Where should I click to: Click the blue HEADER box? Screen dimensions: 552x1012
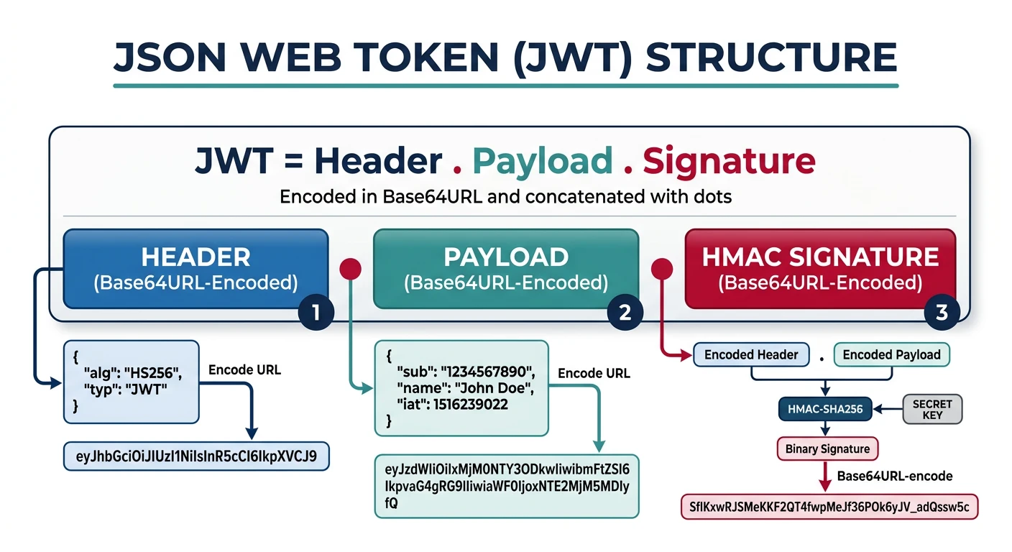click(x=195, y=269)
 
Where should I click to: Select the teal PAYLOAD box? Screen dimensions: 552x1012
click(x=506, y=269)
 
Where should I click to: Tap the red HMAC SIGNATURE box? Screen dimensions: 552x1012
click(x=820, y=269)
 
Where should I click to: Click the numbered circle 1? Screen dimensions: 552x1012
click(x=316, y=312)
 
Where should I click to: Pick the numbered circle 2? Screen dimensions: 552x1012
click(x=625, y=312)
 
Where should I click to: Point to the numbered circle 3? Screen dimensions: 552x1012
click(x=942, y=312)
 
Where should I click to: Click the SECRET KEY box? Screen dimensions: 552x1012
click(x=932, y=409)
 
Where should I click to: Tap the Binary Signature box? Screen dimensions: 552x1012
click(x=827, y=448)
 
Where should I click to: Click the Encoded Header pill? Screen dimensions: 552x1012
click(x=751, y=354)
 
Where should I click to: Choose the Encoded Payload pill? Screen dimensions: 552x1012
click(x=891, y=354)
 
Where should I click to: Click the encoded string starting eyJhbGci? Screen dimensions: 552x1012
click(x=196, y=456)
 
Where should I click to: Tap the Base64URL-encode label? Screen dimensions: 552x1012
click(x=895, y=476)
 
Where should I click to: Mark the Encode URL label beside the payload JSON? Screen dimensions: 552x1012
click(x=594, y=373)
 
